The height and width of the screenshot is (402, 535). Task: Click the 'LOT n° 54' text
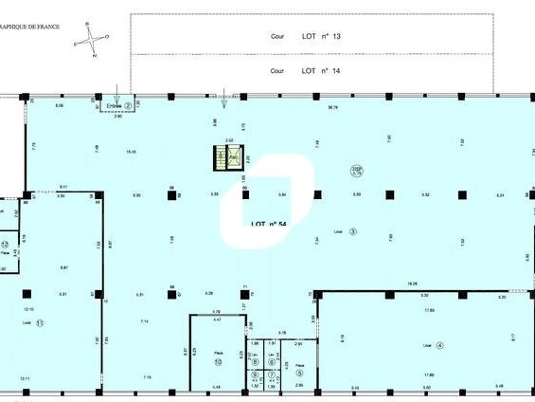[x=269, y=224]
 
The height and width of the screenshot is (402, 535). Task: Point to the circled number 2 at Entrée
[x=128, y=105]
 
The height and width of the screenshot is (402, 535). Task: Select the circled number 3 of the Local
[x=352, y=230]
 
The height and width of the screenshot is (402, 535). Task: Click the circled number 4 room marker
[x=440, y=344]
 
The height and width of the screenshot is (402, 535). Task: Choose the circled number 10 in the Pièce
[x=218, y=361]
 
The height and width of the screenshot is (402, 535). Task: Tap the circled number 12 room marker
[x=6, y=245]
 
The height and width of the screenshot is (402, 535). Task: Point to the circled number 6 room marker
[x=272, y=361]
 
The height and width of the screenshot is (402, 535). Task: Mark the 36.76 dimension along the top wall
[x=332, y=107]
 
